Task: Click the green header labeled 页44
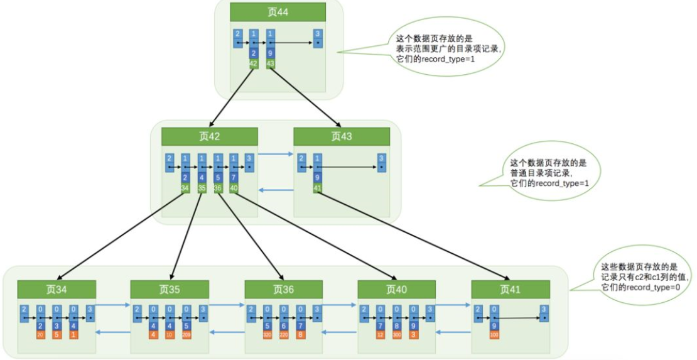(278, 12)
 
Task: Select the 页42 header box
(209, 137)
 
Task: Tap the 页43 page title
(342, 137)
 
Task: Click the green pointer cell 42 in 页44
(254, 63)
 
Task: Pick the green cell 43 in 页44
(271, 63)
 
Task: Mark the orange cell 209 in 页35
(186, 335)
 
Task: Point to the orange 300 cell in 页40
(397, 335)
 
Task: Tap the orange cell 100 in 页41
(495, 335)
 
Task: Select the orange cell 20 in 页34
(40, 335)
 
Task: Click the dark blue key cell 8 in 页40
(397, 326)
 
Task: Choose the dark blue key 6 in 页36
(284, 326)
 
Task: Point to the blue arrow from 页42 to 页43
(276, 153)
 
